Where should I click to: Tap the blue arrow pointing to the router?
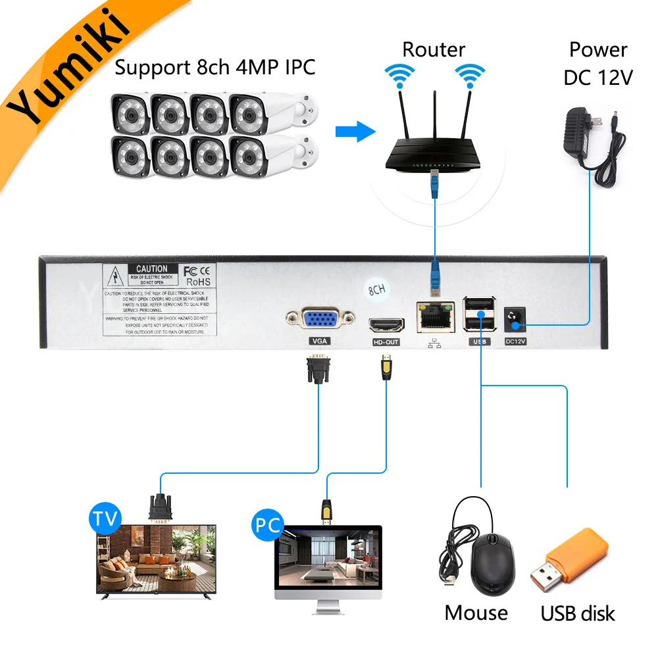coord(353,131)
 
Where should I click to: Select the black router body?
coord(434,151)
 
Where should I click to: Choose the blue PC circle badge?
coord(265,525)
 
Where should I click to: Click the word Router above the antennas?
coord(434,49)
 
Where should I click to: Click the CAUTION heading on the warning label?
coord(151,268)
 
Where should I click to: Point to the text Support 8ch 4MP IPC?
coord(215,66)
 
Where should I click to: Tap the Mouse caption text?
coord(476,613)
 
